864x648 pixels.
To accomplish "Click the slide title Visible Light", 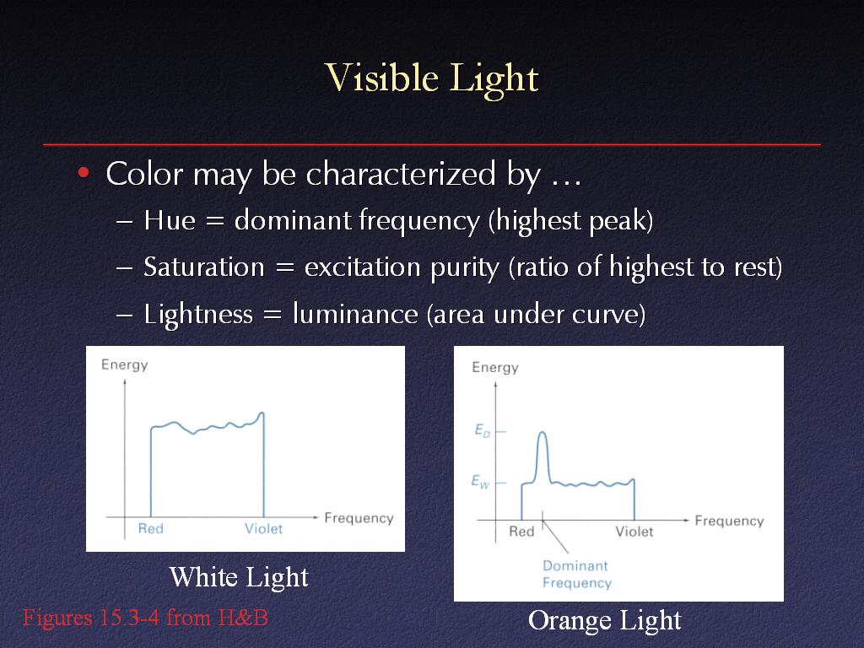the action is (431, 78).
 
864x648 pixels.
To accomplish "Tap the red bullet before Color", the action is (84, 173).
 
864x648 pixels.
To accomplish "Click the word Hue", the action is (170, 220).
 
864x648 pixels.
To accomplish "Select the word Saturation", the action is (204, 267).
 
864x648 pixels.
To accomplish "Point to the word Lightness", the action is (198, 315).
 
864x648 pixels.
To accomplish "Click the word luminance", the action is (355, 314).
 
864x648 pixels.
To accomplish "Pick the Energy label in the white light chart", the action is (125, 364).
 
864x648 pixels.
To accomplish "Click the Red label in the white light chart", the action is (150, 528).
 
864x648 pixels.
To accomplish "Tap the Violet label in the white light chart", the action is (263, 528).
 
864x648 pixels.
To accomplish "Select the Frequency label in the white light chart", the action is (359, 518).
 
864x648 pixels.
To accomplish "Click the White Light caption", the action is (239, 577).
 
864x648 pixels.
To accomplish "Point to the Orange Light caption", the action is (604, 620).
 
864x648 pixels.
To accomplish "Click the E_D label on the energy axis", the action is (482, 430).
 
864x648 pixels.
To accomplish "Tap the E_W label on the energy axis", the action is (480, 482).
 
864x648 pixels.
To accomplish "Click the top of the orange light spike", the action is (543, 433).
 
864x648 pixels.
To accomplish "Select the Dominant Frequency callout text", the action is (577, 574).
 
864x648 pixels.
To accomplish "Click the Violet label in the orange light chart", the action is (634, 532).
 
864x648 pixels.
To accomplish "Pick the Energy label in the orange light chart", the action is (495, 368).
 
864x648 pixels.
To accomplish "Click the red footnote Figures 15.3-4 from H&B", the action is (145, 618).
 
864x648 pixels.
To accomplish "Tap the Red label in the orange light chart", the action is (521, 532).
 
